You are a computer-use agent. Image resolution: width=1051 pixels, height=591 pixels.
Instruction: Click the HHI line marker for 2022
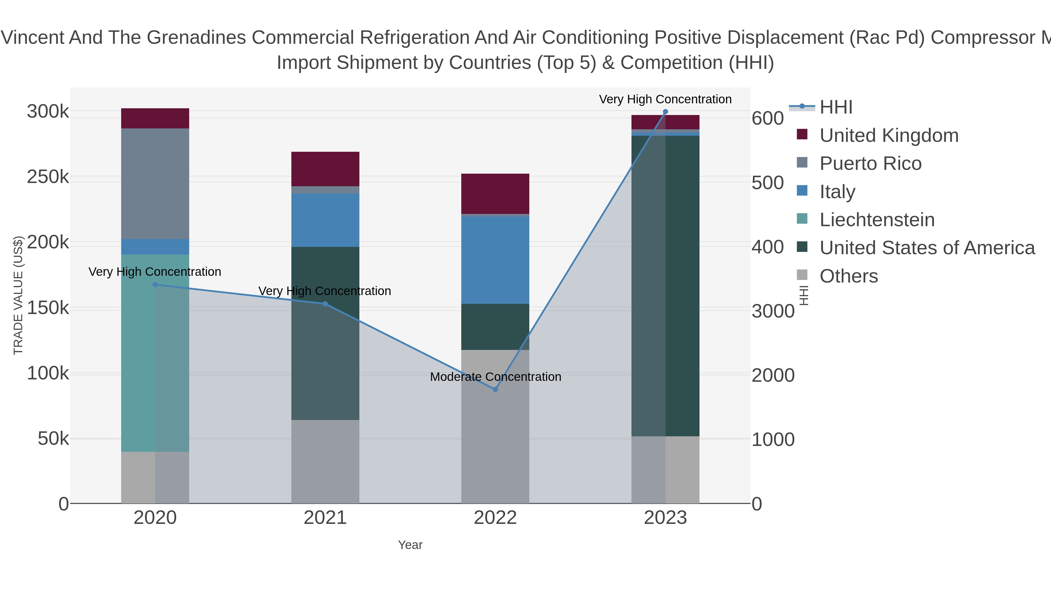(x=495, y=390)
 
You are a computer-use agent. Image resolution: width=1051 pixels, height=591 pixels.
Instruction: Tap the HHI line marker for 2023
(x=665, y=112)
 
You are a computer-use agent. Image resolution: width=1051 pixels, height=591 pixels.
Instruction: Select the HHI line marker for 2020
(x=155, y=285)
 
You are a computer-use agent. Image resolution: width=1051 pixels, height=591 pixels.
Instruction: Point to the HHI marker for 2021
(x=325, y=304)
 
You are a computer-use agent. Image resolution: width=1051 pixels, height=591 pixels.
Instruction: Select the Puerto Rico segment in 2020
(x=155, y=184)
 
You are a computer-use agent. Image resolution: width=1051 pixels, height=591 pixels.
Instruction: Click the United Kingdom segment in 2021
(x=325, y=169)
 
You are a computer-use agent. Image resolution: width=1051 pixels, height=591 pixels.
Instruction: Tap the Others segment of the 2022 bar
(x=495, y=426)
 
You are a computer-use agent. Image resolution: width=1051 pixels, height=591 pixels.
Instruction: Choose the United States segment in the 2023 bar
(x=665, y=285)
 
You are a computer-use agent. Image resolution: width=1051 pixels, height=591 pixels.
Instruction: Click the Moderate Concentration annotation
(x=495, y=376)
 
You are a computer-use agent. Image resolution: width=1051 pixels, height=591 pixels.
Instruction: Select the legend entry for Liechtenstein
(x=877, y=220)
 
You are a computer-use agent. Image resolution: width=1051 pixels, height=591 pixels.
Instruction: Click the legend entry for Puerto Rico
(x=870, y=163)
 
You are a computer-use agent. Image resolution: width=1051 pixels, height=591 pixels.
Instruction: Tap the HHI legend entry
(x=836, y=107)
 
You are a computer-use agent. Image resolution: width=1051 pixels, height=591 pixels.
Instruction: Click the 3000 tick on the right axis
(x=773, y=311)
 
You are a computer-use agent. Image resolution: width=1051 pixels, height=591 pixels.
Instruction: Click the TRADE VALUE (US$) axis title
(x=18, y=295)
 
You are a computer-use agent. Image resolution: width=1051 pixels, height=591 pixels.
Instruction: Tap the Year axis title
(x=410, y=545)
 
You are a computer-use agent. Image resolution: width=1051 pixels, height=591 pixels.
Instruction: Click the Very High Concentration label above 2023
(x=665, y=99)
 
